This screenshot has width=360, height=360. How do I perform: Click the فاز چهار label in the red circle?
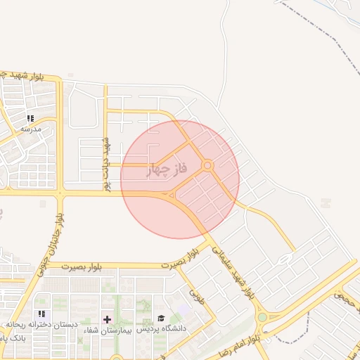pos(167,169)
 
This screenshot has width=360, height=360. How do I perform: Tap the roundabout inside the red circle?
pos(207,166)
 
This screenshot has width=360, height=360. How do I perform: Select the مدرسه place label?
pos(32,129)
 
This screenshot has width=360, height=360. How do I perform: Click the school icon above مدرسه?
pos(30,118)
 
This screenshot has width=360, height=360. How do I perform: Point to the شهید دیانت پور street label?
pos(108,164)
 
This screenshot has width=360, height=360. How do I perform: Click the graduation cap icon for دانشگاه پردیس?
pos(161,319)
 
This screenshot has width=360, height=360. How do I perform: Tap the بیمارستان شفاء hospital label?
pos(108,329)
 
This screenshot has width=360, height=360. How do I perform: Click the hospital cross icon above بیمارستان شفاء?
pos(107,319)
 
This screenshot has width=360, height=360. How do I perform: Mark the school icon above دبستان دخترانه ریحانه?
pos(41,314)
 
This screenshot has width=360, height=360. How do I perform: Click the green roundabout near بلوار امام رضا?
pos(262,317)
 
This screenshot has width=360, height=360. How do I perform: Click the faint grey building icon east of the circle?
pos(324,203)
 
